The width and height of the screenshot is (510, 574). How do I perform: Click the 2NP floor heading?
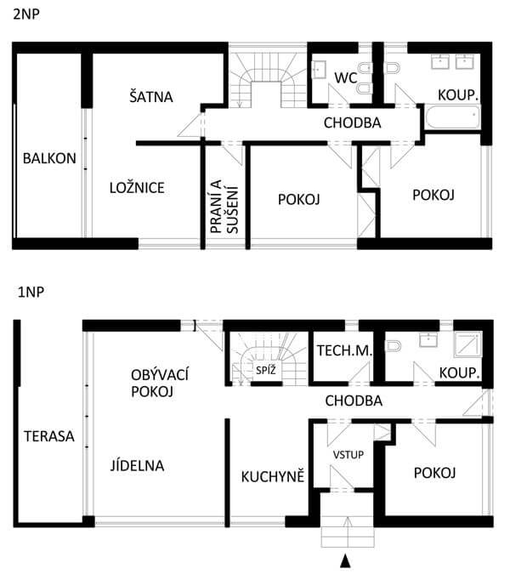pyautogui.click(x=26, y=14)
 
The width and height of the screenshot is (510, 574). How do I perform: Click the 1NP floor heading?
pyautogui.click(x=31, y=293)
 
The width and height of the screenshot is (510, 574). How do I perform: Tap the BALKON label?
pyautogui.click(x=49, y=158)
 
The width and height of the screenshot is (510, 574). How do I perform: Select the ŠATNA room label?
pyautogui.click(x=151, y=97)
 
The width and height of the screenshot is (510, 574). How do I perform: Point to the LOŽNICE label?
pyautogui.click(x=137, y=188)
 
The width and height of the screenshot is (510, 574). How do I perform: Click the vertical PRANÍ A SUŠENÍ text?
pyautogui.click(x=224, y=207)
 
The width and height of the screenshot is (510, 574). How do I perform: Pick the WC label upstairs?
pyautogui.click(x=346, y=77)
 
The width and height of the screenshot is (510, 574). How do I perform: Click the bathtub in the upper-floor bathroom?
pyautogui.click(x=452, y=117)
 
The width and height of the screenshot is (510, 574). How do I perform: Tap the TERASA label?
pyautogui.click(x=49, y=436)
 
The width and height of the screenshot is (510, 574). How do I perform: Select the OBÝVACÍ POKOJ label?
pyautogui.click(x=160, y=384)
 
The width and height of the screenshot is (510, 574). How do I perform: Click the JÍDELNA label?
pyautogui.click(x=137, y=466)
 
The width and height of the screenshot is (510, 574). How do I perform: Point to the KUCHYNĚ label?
pyautogui.click(x=273, y=476)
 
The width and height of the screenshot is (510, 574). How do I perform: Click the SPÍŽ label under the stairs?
pyautogui.click(x=265, y=370)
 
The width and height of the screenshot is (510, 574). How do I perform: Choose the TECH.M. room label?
pyautogui.click(x=344, y=350)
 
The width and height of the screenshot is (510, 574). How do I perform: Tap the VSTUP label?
pyautogui.click(x=348, y=455)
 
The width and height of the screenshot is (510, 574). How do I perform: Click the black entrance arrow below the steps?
pyautogui.click(x=345, y=561)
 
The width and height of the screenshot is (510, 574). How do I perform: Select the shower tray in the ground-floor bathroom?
pyautogui.click(x=468, y=344)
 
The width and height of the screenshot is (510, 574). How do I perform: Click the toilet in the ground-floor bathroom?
pyautogui.click(x=394, y=345)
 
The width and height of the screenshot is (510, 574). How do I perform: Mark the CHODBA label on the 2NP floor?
pyautogui.click(x=352, y=122)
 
